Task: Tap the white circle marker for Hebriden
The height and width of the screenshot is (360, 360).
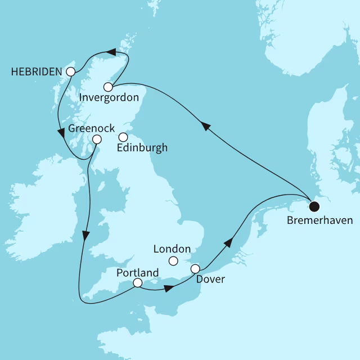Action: click(x=70, y=72)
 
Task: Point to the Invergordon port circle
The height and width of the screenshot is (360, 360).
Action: click(x=108, y=87)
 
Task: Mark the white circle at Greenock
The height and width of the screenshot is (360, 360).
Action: click(x=97, y=139)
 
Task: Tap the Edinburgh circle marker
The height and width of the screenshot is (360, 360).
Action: click(x=123, y=137)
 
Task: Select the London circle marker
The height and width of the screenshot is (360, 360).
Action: click(x=173, y=260)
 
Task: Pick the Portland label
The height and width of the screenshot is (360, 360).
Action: click(x=137, y=273)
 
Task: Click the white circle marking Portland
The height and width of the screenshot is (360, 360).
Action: click(x=137, y=283)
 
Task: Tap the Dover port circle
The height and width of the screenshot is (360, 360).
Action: click(x=195, y=269)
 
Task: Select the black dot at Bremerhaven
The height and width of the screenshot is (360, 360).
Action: click(x=314, y=205)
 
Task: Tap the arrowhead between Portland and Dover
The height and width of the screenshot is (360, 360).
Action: click(x=169, y=289)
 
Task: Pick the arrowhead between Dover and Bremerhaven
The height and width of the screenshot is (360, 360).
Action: click(x=228, y=242)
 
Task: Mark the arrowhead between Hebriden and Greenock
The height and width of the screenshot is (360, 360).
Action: click(x=61, y=133)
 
